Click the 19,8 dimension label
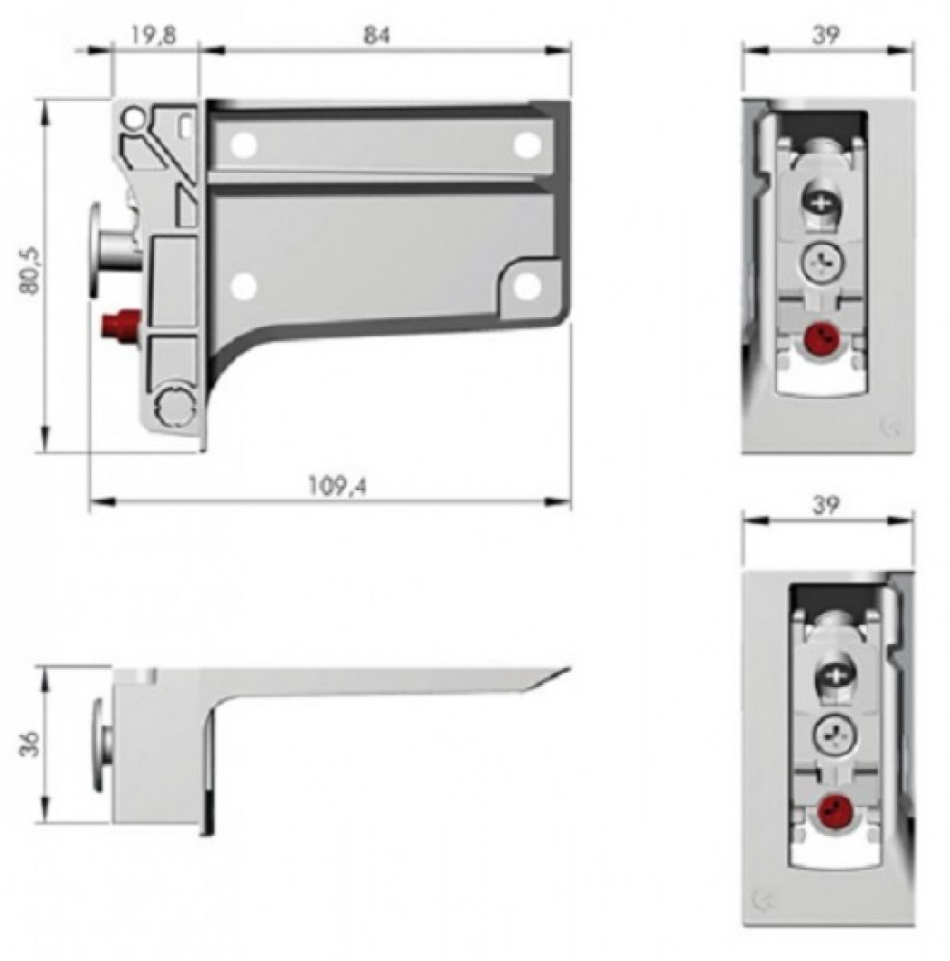point(153,35)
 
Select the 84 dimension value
point(377,35)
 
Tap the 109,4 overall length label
point(337,486)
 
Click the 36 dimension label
point(30,743)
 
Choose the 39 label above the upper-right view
point(826,35)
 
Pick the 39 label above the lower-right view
point(826,505)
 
